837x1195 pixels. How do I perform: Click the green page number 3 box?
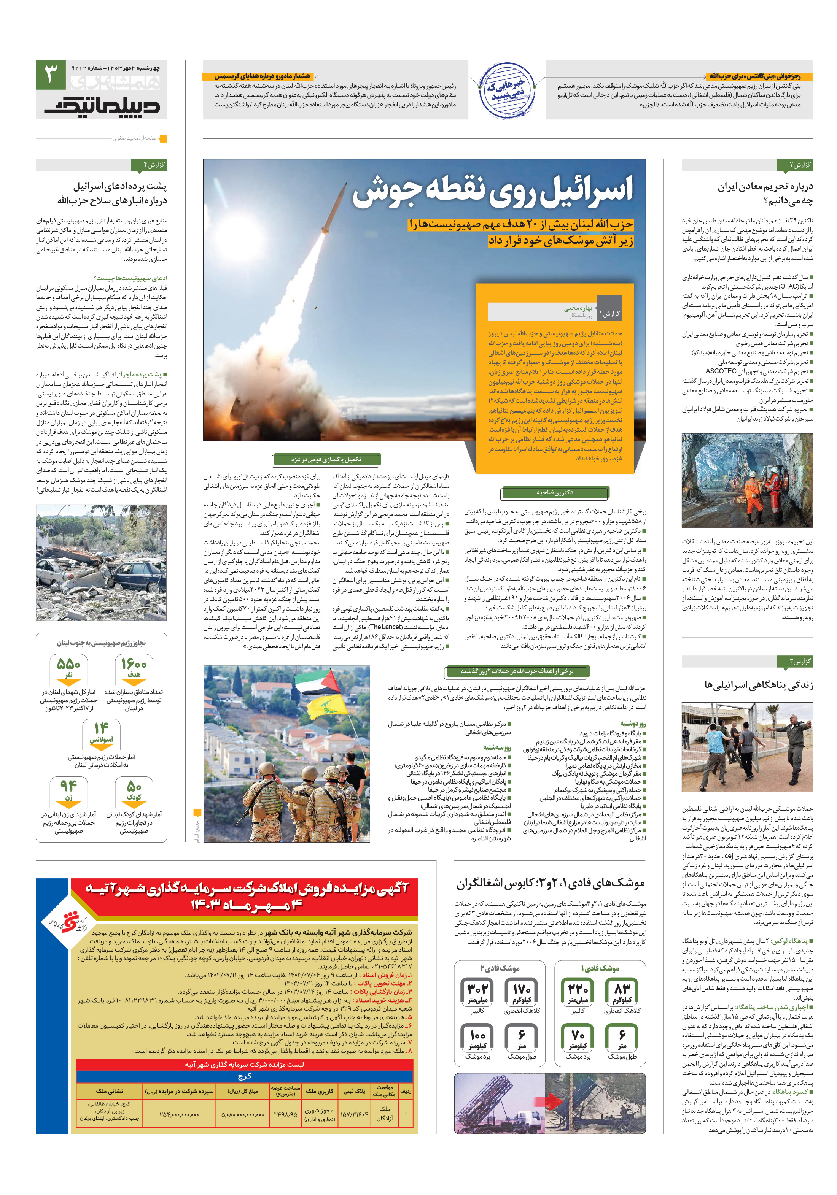tap(51, 75)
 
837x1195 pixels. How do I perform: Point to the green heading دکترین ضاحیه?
tap(555, 492)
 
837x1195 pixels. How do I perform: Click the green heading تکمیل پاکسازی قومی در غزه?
tap(326, 460)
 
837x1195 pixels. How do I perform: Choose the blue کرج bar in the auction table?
tap(244, 1076)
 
